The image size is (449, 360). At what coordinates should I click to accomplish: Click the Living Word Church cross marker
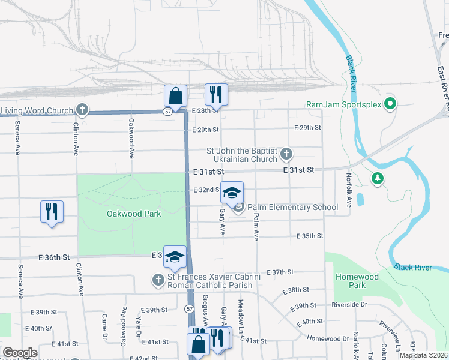[x=83, y=110]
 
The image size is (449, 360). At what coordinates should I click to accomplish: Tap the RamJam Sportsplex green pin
[x=390, y=104]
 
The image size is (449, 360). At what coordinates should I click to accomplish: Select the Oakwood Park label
[x=134, y=214]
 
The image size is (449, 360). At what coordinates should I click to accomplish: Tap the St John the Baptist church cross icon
[x=286, y=155]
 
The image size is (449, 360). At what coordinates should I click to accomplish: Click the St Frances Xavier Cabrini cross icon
[x=158, y=280]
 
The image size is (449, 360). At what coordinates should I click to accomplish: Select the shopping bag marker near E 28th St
[x=176, y=96]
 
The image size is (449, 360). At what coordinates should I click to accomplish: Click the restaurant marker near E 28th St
[x=215, y=94]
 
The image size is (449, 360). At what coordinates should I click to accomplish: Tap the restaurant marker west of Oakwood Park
[x=51, y=212]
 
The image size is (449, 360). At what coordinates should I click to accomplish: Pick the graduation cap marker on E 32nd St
[x=232, y=193]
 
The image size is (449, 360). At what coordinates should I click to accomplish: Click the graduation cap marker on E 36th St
[x=175, y=257]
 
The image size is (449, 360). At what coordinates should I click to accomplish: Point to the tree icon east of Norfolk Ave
[x=378, y=178]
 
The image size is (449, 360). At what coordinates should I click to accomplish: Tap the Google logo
[x=20, y=353]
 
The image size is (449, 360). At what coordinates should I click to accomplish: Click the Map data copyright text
[x=423, y=355]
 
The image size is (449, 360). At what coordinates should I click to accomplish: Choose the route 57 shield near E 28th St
[x=168, y=111]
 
